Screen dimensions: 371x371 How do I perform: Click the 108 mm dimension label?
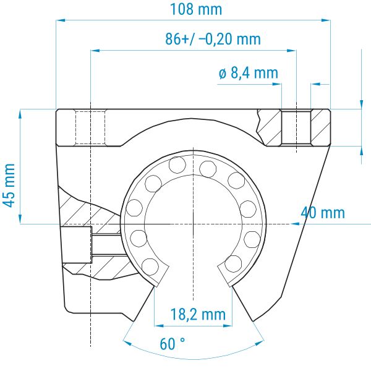coord(196,9)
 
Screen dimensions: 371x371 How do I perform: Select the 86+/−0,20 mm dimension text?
coord(213,39)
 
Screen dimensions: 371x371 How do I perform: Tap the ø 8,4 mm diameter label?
coord(249,73)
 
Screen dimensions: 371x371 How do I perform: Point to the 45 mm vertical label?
coord(9,185)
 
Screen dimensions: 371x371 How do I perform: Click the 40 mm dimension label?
coord(323,213)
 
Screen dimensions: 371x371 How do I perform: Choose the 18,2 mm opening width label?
coord(198,315)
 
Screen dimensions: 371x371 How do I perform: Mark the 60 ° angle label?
coord(173,344)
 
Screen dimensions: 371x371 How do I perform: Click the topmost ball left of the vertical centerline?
coord(177,165)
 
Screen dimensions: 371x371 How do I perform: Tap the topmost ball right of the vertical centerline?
coord(208,169)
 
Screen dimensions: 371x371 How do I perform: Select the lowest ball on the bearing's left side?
coord(150,267)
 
